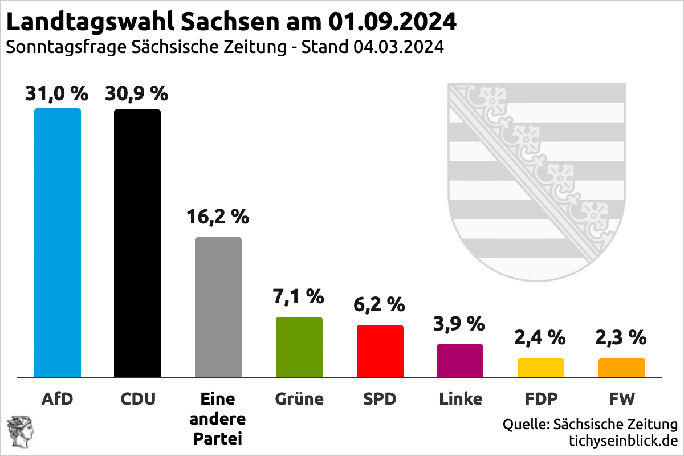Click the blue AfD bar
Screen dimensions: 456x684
point(58,242)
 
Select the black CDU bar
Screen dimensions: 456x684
point(137,242)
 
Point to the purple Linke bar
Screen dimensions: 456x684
point(460,360)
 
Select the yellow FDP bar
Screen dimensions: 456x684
point(541,367)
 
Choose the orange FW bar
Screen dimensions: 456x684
point(621,367)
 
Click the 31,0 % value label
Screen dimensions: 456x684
point(56,93)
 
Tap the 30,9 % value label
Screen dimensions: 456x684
point(137,93)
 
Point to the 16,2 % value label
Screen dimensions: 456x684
point(218,217)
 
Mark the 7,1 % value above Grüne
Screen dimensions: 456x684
point(299,296)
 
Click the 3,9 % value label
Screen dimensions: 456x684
point(460,324)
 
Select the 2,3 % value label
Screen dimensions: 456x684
point(621,337)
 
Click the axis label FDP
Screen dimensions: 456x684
point(541,398)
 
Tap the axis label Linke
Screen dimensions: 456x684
point(460,398)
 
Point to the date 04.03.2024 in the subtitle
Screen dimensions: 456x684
point(398,47)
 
